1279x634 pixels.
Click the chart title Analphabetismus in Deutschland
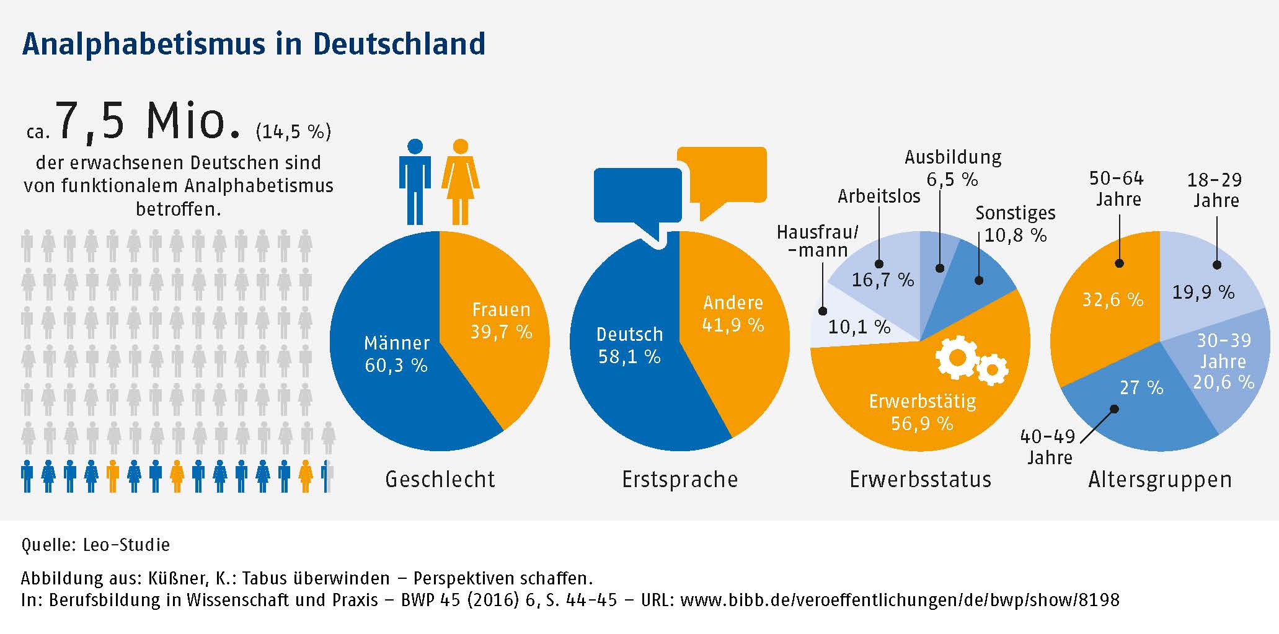pyautogui.click(x=254, y=44)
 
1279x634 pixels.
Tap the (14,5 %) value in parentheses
pyautogui.click(x=293, y=131)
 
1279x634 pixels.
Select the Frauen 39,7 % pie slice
pyautogui.click(x=496, y=347)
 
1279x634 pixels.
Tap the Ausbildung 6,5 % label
pyautogui.click(x=953, y=168)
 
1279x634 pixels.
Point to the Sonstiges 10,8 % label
pyautogui.click(x=1016, y=224)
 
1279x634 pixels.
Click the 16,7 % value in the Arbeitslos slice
pyautogui.click(x=882, y=280)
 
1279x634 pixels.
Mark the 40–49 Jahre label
pyautogui.click(x=1048, y=447)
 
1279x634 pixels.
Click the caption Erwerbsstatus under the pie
pyautogui.click(x=920, y=480)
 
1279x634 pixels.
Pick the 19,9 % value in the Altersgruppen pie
pyautogui.click(x=1203, y=293)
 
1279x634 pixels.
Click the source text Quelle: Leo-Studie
pyautogui.click(x=95, y=545)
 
